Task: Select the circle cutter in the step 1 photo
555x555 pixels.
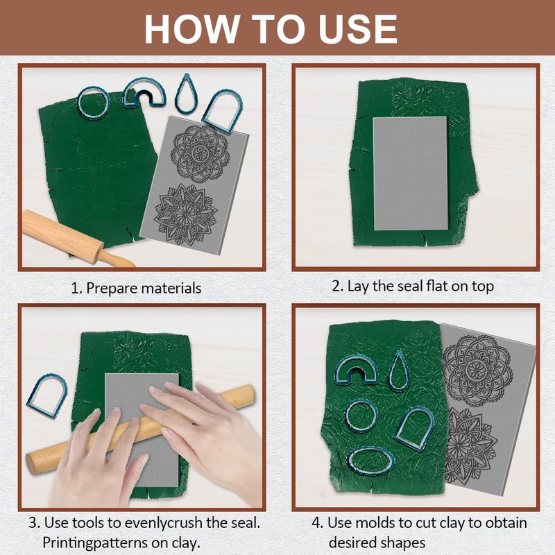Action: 94,103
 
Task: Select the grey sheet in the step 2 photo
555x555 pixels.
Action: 410,173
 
